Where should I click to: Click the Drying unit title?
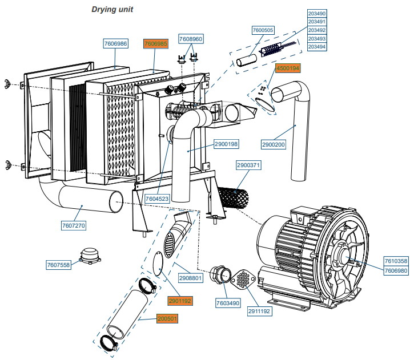(x=112, y=10)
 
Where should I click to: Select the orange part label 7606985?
(x=155, y=43)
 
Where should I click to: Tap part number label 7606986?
(x=116, y=43)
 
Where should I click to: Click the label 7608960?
(x=191, y=39)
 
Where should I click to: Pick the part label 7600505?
(x=263, y=30)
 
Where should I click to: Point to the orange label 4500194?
(x=288, y=68)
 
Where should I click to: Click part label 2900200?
(x=274, y=145)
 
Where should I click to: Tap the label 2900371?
(x=248, y=165)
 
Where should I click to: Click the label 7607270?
(x=74, y=226)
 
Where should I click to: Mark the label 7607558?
(x=58, y=265)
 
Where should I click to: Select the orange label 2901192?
(x=180, y=300)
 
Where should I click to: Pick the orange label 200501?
(x=169, y=318)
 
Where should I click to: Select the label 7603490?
(x=228, y=302)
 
